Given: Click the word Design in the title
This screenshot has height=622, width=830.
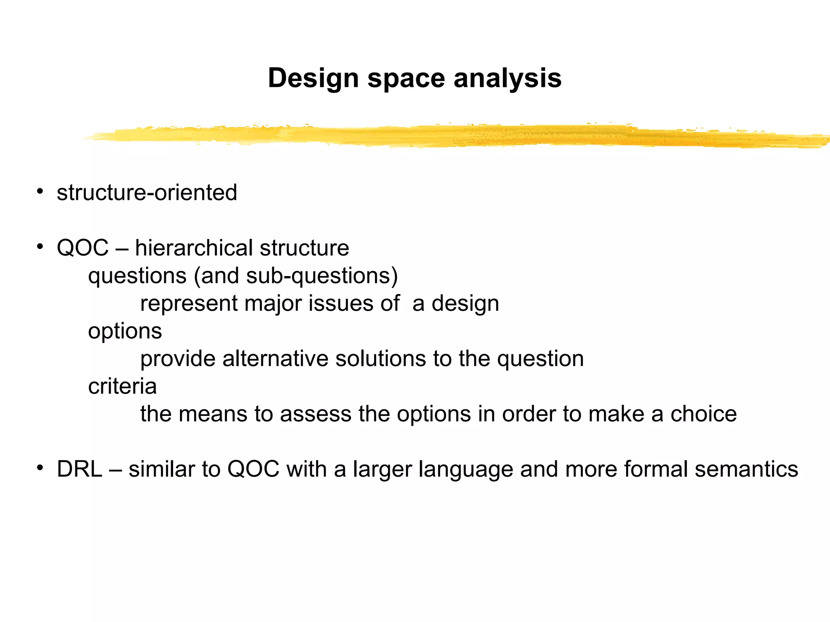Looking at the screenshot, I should [x=313, y=78].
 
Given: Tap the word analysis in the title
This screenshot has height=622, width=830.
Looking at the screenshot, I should [x=507, y=78].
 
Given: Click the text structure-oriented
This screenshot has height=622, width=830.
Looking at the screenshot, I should [x=147, y=192].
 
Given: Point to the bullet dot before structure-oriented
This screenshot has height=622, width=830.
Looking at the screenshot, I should [x=40, y=191].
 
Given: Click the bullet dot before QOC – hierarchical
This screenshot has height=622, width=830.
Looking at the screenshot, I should [x=40, y=247].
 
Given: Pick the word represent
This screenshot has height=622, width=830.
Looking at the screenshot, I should [x=189, y=304].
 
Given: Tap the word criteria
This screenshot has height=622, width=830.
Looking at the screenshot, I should [x=122, y=386].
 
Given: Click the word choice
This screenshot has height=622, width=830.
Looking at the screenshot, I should [x=704, y=414].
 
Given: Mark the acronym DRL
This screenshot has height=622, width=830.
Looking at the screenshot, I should [x=79, y=469].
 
